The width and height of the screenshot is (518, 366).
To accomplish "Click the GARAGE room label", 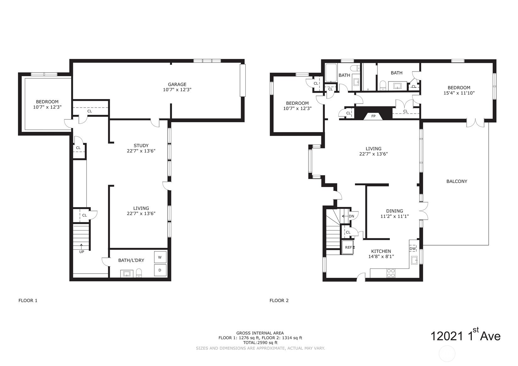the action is pyautogui.click(x=177, y=84).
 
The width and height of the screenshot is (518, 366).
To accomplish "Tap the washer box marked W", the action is pyautogui.click(x=160, y=257).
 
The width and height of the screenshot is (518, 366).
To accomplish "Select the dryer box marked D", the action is pyautogui.click(x=160, y=270).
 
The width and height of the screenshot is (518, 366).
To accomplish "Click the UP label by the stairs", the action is pyautogui.click(x=82, y=252).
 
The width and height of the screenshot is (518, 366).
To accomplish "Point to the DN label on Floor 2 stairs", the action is pyautogui.click(x=351, y=216).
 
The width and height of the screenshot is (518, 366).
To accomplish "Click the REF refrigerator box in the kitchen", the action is pyautogui.click(x=348, y=247).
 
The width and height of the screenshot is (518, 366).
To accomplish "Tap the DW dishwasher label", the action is pyautogui.click(x=413, y=248).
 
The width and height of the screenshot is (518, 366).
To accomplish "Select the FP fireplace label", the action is pyautogui.click(x=373, y=116).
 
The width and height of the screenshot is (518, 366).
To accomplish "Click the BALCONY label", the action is pyautogui.click(x=457, y=181).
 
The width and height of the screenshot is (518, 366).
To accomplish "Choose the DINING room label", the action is pyautogui.click(x=394, y=211).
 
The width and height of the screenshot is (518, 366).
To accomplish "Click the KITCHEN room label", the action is pyautogui.click(x=381, y=251).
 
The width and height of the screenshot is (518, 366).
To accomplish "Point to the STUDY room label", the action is pyautogui.click(x=141, y=146).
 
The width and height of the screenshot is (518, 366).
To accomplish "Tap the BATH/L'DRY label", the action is pyautogui.click(x=131, y=260).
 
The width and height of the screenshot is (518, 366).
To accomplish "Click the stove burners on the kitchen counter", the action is pyautogui.click(x=391, y=273).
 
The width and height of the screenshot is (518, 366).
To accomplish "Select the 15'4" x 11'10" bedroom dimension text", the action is pyautogui.click(x=459, y=93).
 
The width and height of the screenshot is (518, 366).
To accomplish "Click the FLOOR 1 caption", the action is pyautogui.click(x=28, y=300).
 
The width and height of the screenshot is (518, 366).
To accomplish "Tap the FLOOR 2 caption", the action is pyautogui.click(x=279, y=300).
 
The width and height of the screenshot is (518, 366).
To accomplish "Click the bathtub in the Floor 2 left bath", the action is pyautogui.click(x=331, y=73).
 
